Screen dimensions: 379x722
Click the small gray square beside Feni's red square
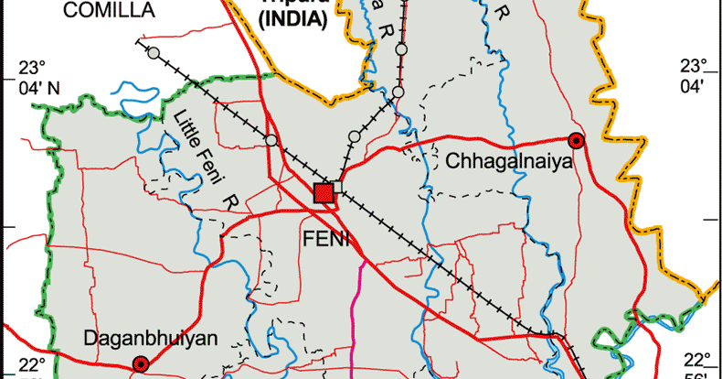pos(338,187)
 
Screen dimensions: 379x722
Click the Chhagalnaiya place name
pos(509,163)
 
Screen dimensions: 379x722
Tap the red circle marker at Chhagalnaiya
pos(576,140)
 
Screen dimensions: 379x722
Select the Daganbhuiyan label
pos(151,339)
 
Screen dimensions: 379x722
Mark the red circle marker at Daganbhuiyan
pos(141,364)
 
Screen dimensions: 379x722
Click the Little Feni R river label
pos(203,156)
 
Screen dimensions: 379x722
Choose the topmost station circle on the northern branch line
pos(401,49)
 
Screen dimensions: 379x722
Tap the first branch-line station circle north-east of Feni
pos(355,136)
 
